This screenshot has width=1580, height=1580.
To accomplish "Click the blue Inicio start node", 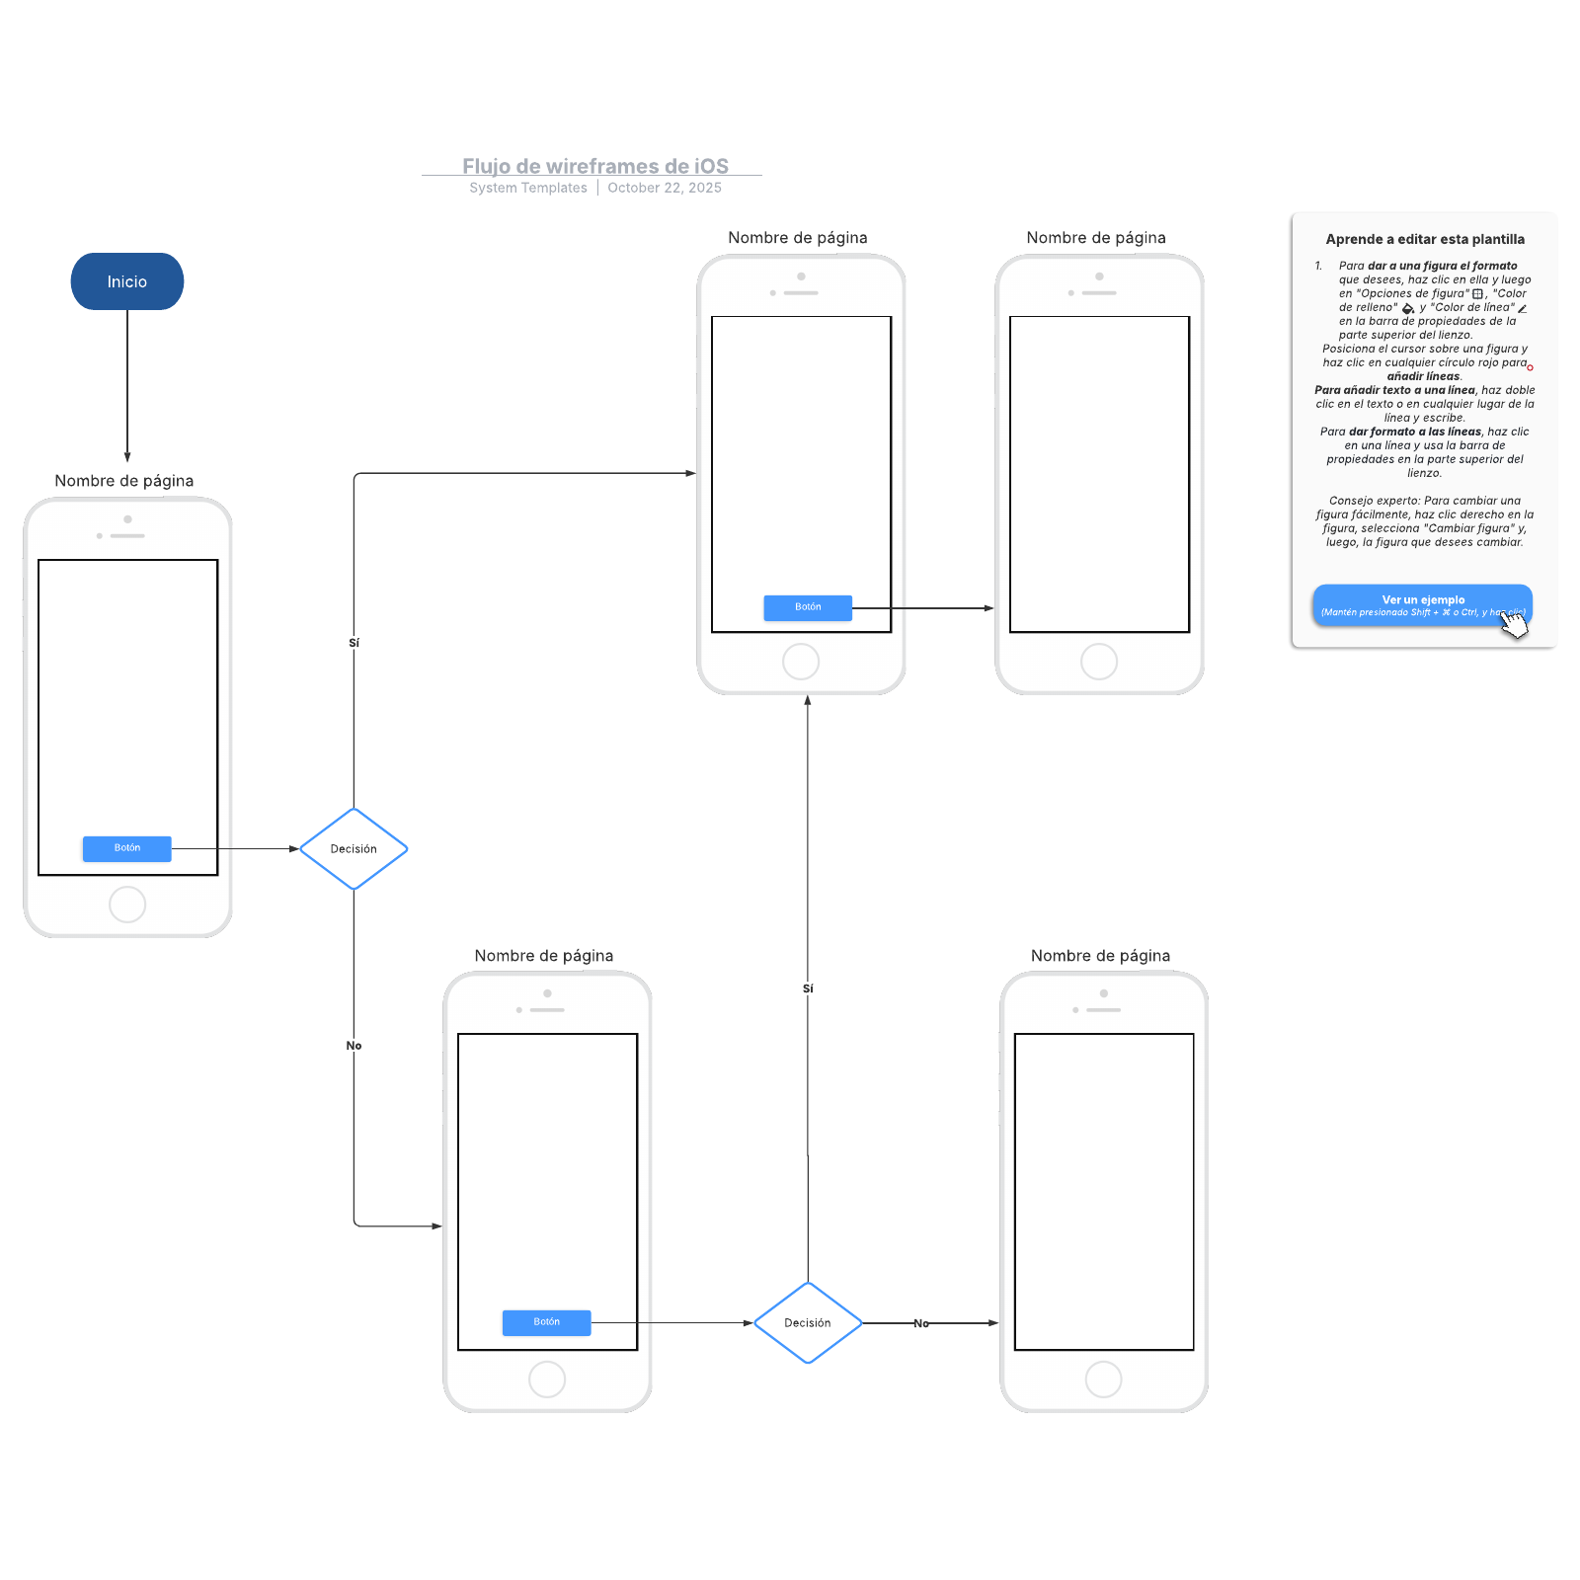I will (126, 281).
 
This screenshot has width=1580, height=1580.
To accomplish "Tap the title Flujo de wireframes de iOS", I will (594, 166).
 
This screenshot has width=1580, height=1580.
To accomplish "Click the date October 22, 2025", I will (664, 188).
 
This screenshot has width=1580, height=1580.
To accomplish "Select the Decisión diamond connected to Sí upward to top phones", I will (354, 848).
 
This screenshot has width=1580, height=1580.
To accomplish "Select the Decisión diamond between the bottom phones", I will (807, 1322).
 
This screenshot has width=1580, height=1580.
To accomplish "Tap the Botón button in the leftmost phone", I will (126, 848).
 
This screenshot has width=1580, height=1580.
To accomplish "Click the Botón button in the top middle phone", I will (807, 607).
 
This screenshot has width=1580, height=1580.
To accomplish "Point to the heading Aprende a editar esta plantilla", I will (1424, 239).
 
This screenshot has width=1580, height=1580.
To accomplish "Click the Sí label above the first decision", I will (354, 643).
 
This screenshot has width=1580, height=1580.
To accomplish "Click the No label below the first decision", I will (354, 1046).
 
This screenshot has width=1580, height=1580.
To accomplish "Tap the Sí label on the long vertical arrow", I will (808, 988).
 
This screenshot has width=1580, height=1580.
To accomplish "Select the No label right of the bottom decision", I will (920, 1323).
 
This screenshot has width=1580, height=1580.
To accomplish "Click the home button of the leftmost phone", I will (127, 904).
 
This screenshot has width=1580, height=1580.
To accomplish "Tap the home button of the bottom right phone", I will (1103, 1379).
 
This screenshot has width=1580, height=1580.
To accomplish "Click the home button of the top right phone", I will (1098, 661).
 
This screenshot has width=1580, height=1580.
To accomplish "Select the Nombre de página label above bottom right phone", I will (1100, 955).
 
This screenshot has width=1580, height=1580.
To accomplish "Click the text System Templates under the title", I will (527, 188).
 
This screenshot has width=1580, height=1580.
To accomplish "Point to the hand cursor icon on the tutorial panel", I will (1514, 623).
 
